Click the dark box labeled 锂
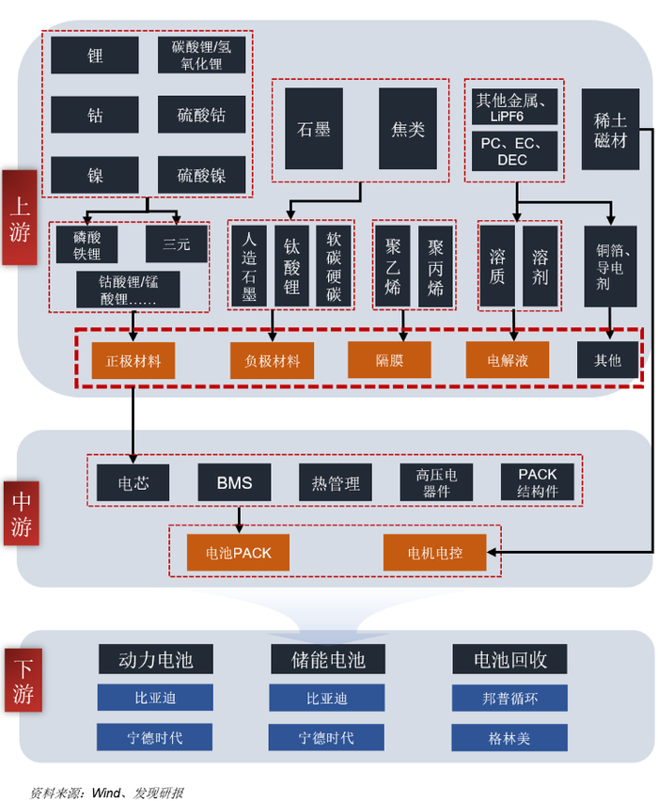tap(95, 55)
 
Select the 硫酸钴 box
tap(201, 115)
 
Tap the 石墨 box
tap(314, 129)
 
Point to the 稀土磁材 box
tap(610, 129)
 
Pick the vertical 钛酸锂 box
tap(291, 265)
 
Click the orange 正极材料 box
tap(133, 360)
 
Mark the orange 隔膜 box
tap(389, 360)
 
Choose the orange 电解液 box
tap(508, 360)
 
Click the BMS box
tap(234, 483)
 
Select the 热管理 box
tap(336, 483)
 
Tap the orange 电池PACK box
tap(239, 553)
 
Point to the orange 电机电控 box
tap(434, 553)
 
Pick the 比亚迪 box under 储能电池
tap(326, 699)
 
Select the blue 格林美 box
tap(509, 738)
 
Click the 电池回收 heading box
tap(509, 659)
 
